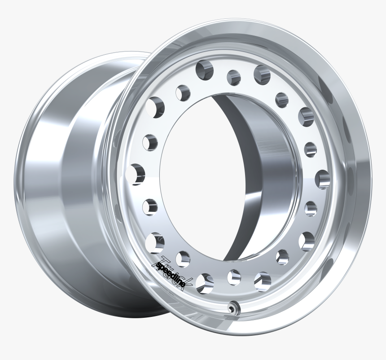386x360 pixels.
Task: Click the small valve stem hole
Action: pos(232,308)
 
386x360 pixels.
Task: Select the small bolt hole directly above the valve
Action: pos(234,277)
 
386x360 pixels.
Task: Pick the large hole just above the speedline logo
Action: pos(154,241)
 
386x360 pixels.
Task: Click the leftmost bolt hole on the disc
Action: pos(137,174)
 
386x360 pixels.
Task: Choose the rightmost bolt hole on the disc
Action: pos(322,179)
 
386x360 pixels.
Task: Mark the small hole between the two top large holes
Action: pos(233,77)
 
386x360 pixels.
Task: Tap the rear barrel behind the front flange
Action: pos(67,180)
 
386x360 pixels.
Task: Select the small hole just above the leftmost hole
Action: pos(150,142)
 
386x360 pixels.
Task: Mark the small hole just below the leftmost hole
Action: pos(150,206)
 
